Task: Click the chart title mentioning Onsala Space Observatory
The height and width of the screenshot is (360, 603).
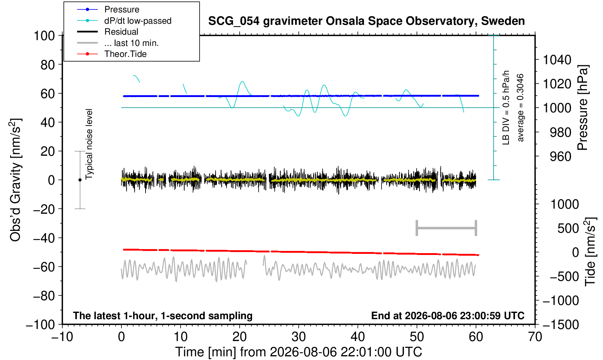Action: [366, 21]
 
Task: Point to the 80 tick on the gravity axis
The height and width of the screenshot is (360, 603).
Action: [48, 65]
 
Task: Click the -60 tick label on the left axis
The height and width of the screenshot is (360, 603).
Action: [44, 267]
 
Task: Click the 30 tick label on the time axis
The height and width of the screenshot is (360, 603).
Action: [298, 337]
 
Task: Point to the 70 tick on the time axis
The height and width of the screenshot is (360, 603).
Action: [535, 337]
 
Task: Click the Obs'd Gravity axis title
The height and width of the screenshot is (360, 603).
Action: [16, 180]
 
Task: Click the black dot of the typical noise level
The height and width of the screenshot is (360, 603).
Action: [80, 180]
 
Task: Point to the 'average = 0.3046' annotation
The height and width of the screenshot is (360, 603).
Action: [520, 108]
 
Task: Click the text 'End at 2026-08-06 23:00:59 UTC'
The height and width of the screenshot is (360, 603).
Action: [448, 316]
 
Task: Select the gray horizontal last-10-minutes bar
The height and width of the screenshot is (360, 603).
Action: [447, 228]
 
